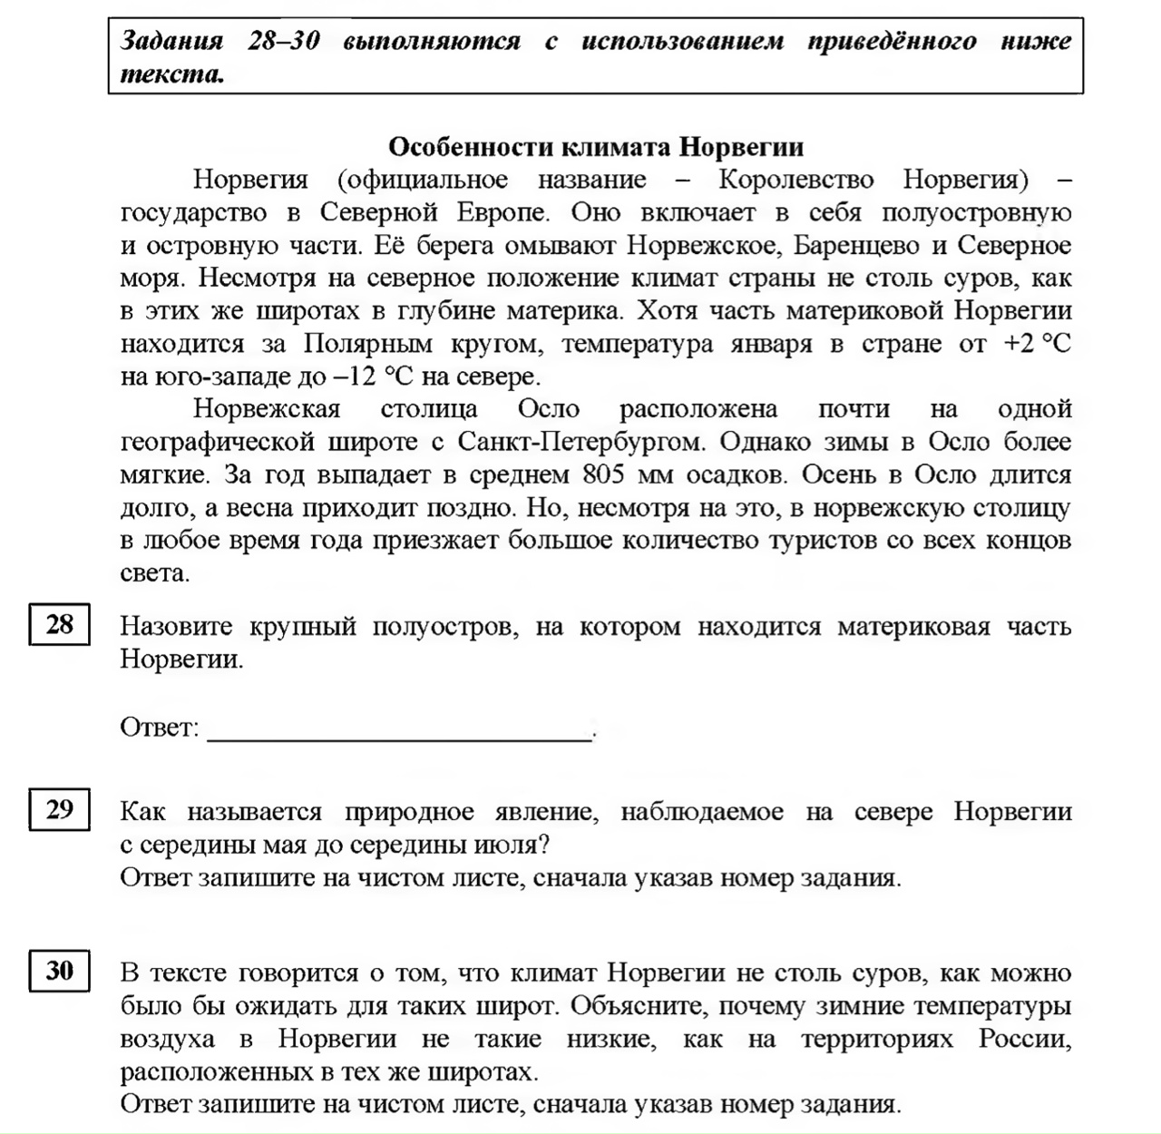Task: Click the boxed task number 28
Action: tap(60, 625)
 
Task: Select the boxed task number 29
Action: tap(60, 809)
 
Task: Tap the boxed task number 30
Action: tap(60, 971)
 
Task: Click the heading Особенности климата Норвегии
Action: tap(596, 147)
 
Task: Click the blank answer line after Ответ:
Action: tap(399, 729)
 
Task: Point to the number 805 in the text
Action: tap(605, 474)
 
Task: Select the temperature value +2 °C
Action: tap(1037, 344)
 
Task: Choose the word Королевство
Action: tap(796, 180)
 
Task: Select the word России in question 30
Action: tap(1025, 1039)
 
